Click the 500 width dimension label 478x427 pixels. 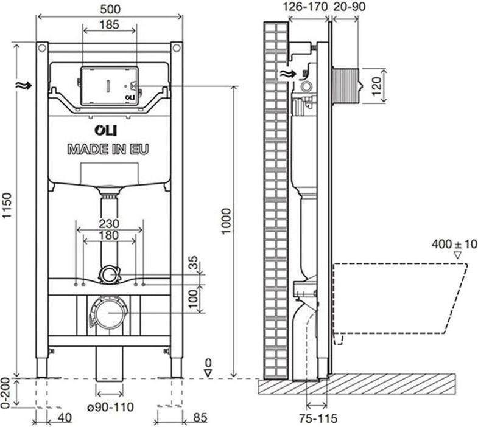pyautogui.click(x=110, y=9)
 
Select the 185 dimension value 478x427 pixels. pyautogui.click(x=110, y=25)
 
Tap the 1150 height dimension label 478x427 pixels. pyautogui.click(x=7, y=206)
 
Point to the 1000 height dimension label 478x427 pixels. pyautogui.click(x=226, y=221)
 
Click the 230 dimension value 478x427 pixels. pyautogui.click(x=109, y=224)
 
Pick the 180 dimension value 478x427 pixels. pyautogui.click(x=109, y=235)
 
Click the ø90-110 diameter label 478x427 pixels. pyautogui.click(x=110, y=407)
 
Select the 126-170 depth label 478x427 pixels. pyautogui.click(x=306, y=7)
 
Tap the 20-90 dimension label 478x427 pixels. pyautogui.click(x=349, y=7)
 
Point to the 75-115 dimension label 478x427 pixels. pyautogui.click(x=318, y=418)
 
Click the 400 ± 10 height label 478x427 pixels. pyautogui.click(x=454, y=244)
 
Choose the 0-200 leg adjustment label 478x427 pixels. pyautogui.click(x=6, y=393)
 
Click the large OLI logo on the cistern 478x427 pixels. pyautogui.click(x=105, y=131)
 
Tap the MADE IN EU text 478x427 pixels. pyautogui.click(x=108, y=150)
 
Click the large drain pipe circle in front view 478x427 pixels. pyautogui.click(x=109, y=313)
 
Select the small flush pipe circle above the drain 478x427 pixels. pyautogui.click(x=108, y=275)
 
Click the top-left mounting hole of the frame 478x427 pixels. pyautogui.click(x=42, y=48)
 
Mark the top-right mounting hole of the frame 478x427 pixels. pyautogui.click(x=176, y=48)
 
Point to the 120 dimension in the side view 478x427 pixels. pyautogui.click(x=377, y=86)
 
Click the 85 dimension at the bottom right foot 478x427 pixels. pyautogui.click(x=200, y=418)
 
